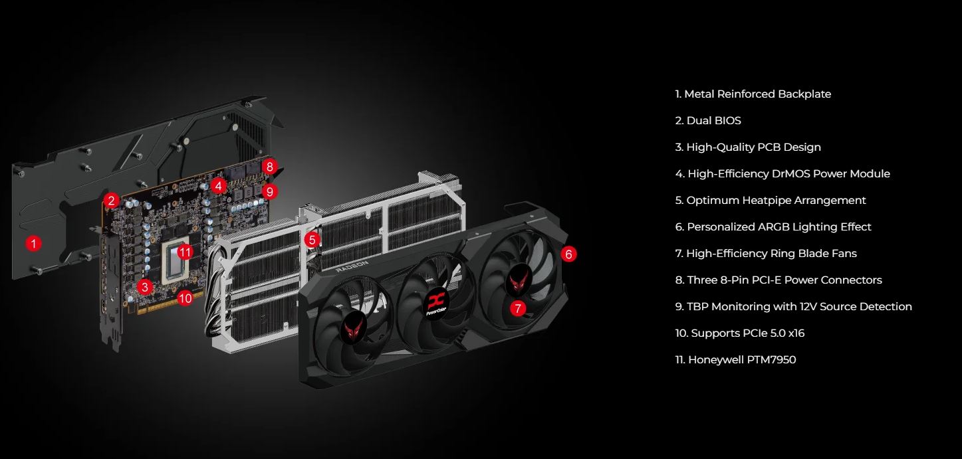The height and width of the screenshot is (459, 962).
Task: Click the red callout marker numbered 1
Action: pyautogui.click(x=33, y=244)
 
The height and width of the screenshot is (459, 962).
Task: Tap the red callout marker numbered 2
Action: pyautogui.click(x=112, y=201)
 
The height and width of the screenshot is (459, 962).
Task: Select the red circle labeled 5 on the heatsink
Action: pyautogui.click(x=312, y=240)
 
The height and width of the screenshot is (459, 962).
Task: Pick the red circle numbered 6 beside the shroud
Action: pyautogui.click(x=568, y=254)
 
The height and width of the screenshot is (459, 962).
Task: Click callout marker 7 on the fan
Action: pyautogui.click(x=518, y=308)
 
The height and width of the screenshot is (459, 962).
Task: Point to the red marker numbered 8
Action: pyautogui.click(x=270, y=167)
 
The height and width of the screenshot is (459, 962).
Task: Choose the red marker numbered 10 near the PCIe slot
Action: pyautogui.click(x=185, y=298)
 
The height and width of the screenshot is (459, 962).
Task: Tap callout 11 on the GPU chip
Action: pyautogui.click(x=185, y=252)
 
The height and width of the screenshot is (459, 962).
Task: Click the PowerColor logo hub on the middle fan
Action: pyautogui.click(x=436, y=302)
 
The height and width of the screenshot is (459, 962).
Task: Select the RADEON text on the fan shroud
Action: pyautogui.click(x=352, y=266)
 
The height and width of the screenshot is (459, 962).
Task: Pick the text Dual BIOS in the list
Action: pyautogui.click(x=714, y=120)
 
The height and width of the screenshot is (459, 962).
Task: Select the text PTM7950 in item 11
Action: pyautogui.click(x=771, y=360)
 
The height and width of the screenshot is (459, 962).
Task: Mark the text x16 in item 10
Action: pyautogui.click(x=796, y=333)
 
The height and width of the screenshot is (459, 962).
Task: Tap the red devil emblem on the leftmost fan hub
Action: pyautogui.click(x=353, y=329)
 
